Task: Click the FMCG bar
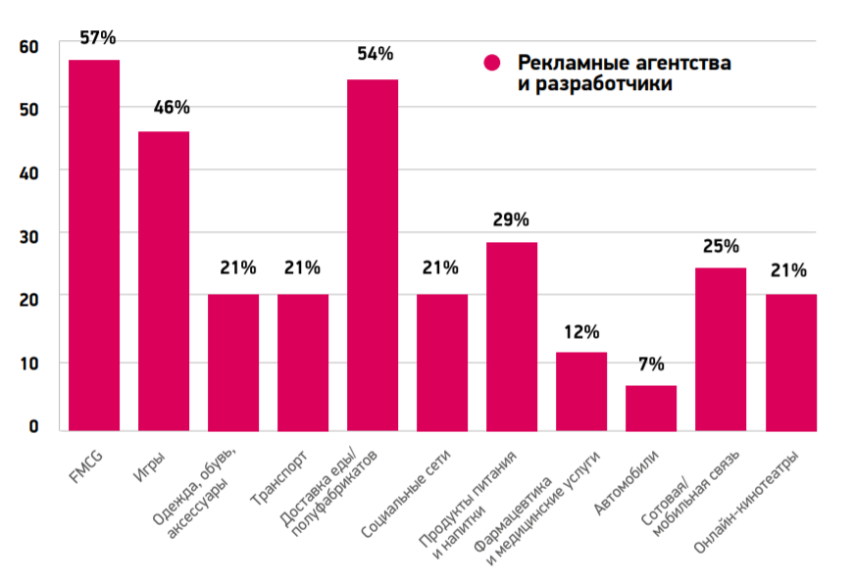pos(94,245)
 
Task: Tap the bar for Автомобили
pos(651,408)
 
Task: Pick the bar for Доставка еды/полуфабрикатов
pos(373,255)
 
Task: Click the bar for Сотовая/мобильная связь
pos(721,349)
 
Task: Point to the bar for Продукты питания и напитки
pos(512,336)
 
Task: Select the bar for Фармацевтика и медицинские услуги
pos(581,391)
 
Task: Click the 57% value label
pos(96,38)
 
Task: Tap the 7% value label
pos(651,364)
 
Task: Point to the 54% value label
pos(375,54)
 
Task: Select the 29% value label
pos(511,219)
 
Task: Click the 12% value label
pos(581,331)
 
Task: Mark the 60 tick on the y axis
pos(26,47)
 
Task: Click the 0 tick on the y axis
pos(32,427)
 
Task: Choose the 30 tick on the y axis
pos(26,236)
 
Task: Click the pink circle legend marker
pos(492,63)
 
